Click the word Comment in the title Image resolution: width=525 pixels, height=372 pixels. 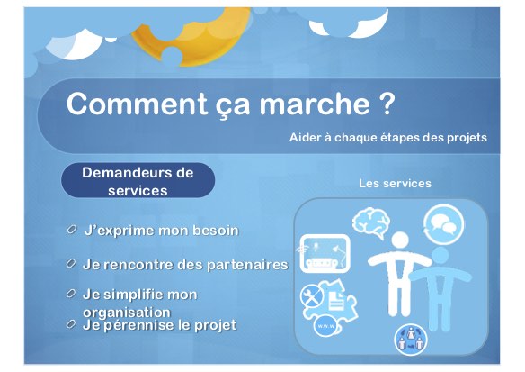point(137,104)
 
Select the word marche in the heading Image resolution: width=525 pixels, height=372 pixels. point(315,104)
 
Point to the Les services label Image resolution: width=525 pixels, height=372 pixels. point(395,183)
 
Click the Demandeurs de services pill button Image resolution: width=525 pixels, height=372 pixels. point(138,180)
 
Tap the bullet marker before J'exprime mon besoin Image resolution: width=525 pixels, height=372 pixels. point(71,230)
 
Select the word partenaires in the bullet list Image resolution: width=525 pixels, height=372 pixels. point(247,265)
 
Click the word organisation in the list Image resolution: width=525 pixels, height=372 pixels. point(127,312)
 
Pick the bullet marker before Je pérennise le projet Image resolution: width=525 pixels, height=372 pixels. point(71,323)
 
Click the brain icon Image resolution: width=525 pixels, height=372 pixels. point(371,222)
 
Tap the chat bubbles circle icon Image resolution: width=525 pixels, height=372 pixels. point(443,224)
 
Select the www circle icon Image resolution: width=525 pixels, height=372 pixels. point(325,326)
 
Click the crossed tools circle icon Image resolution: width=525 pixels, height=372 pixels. point(311,295)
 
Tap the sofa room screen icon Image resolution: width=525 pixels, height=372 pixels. point(325,253)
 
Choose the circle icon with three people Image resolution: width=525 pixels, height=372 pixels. point(411,340)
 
